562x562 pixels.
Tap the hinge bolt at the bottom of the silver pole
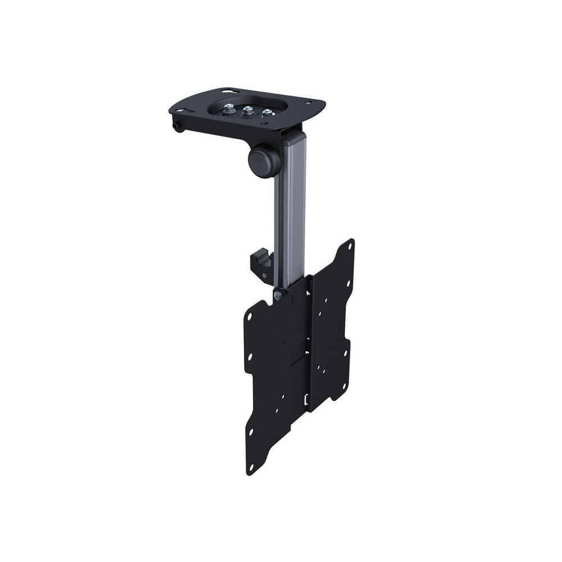[277, 293]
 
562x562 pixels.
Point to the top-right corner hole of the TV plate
[350, 246]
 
